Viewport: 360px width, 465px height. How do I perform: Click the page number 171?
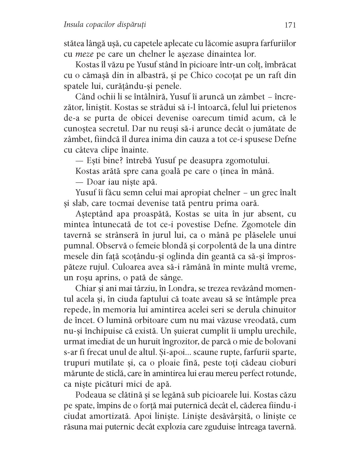(290, 25)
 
